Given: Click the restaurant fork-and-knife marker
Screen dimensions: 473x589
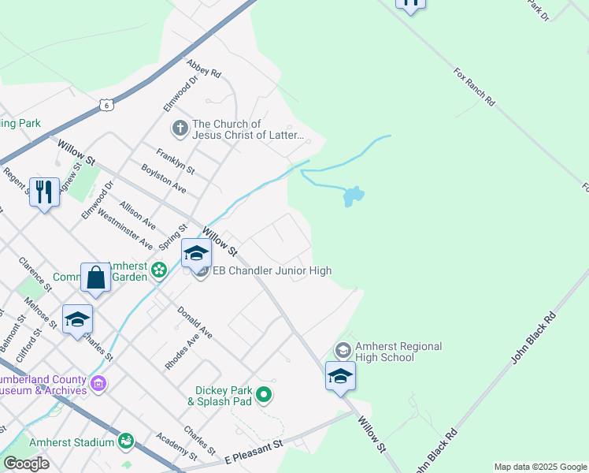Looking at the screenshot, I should click(44, 192).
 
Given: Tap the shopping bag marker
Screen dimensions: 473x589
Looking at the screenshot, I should click(95, 278).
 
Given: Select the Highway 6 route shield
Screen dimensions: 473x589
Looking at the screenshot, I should click(106, 103).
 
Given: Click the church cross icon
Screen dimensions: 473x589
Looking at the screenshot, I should click(180, 127).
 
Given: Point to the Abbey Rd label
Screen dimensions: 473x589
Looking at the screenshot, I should click(204, 68).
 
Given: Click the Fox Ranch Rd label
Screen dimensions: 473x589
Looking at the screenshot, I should click(474, 87).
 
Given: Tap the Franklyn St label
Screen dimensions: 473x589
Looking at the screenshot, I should click(176, 162).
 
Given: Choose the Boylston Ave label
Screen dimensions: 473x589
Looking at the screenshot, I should click(164, 179).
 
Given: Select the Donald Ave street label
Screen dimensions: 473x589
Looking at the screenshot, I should click(194, 322).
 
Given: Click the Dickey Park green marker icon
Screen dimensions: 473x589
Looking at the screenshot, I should click(264, 394).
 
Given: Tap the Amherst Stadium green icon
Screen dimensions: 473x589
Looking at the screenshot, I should click(125, 441).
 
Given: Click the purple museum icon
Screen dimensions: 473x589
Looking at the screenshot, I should click(98, 384).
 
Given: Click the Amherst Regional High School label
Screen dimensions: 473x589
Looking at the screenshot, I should click(398, 352).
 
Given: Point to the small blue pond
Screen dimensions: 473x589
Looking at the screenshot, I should click(353, 196).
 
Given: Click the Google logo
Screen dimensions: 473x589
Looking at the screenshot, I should click(26, 464).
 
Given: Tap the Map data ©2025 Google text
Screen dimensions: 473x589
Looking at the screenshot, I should click(540, 467).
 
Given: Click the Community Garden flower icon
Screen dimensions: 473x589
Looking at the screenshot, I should click(159, 270).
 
